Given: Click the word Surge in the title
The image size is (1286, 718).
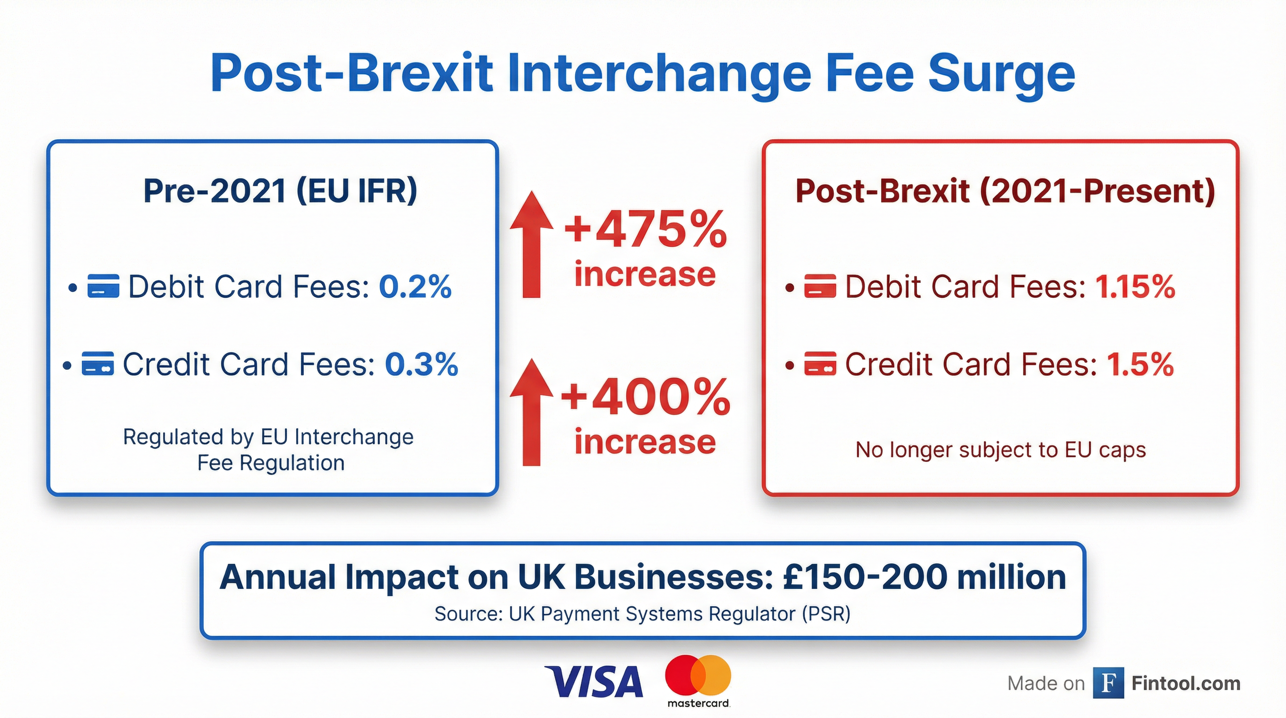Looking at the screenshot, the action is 1001,74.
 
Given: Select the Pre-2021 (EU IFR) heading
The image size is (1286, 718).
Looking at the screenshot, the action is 280,191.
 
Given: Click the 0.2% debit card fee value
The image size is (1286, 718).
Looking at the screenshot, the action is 415,287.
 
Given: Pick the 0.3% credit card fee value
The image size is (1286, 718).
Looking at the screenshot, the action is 422,364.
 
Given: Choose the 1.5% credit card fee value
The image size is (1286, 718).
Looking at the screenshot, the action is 1140,364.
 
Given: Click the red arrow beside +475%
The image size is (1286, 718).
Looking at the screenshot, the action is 532,244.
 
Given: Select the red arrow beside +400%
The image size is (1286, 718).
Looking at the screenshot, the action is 532,412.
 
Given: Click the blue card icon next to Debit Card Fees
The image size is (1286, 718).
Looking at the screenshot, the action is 103,286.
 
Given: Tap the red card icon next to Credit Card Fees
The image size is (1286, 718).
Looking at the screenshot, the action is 820,364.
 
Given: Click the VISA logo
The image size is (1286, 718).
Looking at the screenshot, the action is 593,681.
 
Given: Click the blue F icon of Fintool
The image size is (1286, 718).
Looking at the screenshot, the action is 1108,683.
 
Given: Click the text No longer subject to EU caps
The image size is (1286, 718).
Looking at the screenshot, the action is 1000,450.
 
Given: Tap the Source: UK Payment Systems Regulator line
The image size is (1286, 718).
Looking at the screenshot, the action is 643,614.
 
